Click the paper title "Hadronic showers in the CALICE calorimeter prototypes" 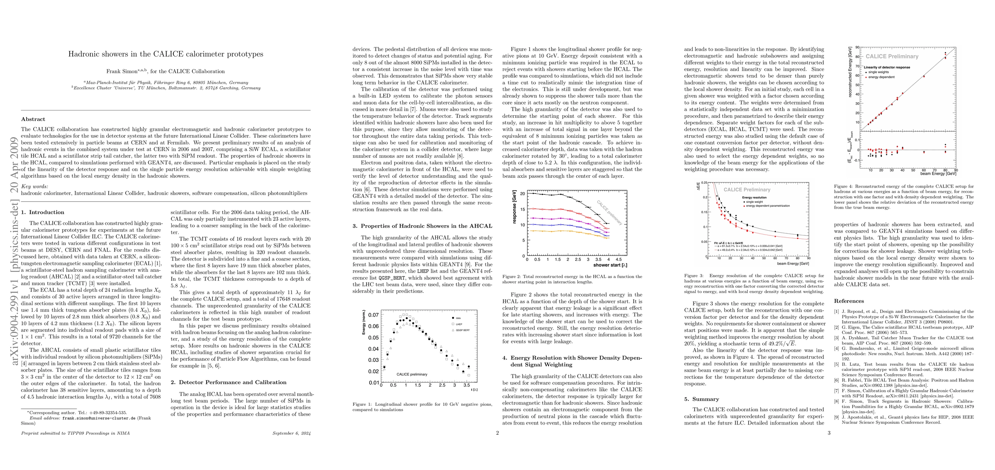click(165, 54)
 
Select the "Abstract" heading click(33, 119)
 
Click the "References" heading click(849, 301)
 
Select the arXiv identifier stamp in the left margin click(15, 251)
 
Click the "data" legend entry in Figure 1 click(458, 318)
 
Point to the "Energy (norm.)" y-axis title click(364, 322)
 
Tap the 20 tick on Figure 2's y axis click(523, 193)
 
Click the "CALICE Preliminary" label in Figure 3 click(747, 190)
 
